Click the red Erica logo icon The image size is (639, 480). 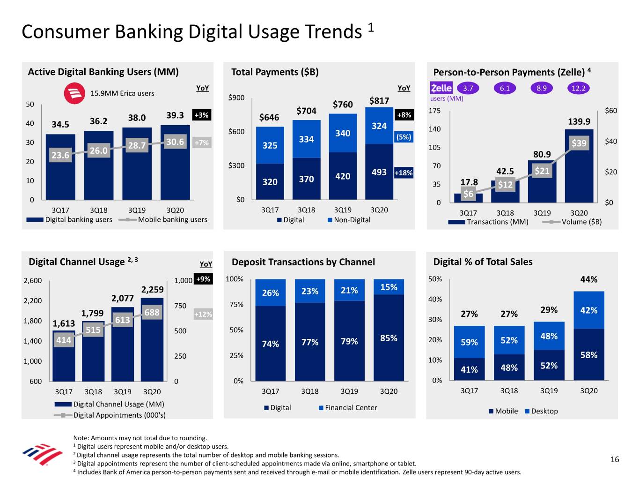pyautogui.click(x=74, y=93)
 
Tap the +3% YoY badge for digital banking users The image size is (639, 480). pyautogui.click(x=201, y=115)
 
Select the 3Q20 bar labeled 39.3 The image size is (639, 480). pyautogui.click(x=175, y=159)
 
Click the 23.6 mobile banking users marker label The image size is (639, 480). pyautogui.click(x=60, y=155)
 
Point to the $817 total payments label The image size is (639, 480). pyautogui.click(x=379, y=101)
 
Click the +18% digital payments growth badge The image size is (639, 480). pyautogui.click(x=404, y=173)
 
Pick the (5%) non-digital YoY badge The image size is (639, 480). pyautogui.click(x=404, y=137)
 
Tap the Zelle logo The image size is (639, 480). pyautogui.click(x=441, y=88)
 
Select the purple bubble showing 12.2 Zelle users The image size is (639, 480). pyautogui.click(x=578, y=88)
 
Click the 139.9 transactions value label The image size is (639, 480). pyautogui.click(x=579, y=121)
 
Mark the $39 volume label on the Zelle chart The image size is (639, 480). pyautogui.click(x=579, y=143)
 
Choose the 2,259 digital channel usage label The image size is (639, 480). pyautogui.click(x=152, y=290)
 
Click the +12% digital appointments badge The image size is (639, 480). pyautogui.click(x=203, y=314)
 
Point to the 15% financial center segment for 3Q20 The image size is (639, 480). pyautogui.click(x=389, y=287)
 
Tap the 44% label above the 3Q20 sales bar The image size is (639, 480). pyautogui.click(x=588, y=279)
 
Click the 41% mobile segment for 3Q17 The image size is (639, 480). pyautogui.click(x=469, y=369)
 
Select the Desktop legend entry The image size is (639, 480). pyautogui.click(x=542, y=411)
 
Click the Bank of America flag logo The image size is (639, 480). pyautogui.click(x=43, y=454)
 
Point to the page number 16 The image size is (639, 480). pyautogui.click(x=614, y=459)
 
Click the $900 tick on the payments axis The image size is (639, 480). pyautogui.click(x=236, y=97)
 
